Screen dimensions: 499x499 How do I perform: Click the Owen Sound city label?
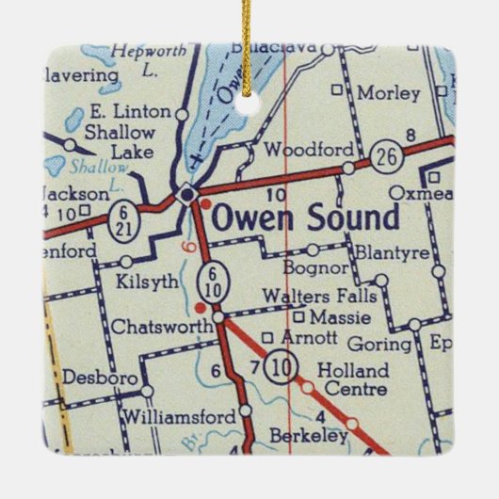(305, 218)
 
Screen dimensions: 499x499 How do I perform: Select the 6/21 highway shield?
(122, 214)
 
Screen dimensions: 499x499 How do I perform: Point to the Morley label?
(389, 93)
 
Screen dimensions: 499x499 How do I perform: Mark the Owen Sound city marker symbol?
(188, 193)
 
